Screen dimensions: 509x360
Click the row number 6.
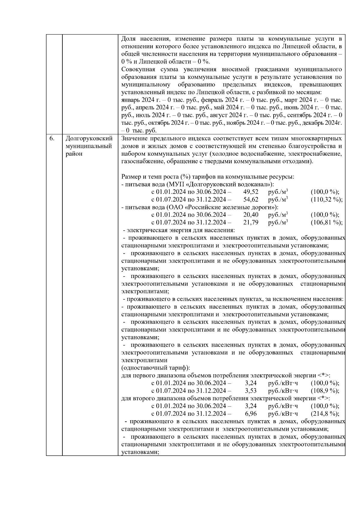(x=52, y=139)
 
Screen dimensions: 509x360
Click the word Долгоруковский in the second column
(x=89, y=139)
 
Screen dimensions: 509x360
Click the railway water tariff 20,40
(x=251, y=215)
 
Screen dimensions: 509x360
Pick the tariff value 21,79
(x=251, y=223)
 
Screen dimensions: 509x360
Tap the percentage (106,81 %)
(x=326, y=223)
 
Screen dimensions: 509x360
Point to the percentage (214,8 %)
(x=325, y=414)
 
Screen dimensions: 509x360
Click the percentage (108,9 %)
(x=325, y=391)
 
